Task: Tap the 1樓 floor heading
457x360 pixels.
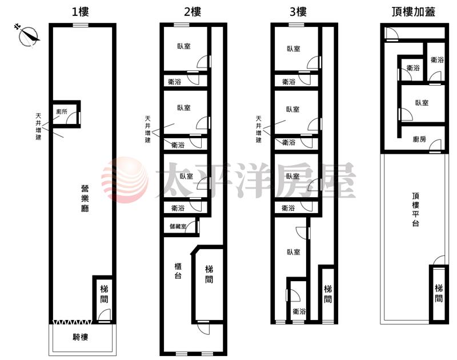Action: click(x=80, y=11)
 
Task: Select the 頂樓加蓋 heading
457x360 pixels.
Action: click(x=413, y=11)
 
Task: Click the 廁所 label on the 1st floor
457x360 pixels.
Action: click(x=62, y=111)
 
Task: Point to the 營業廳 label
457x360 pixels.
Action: click(x=85, y=198)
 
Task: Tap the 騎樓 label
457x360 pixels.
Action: click(x=80, y=337)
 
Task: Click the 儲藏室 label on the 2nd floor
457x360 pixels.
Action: click(x=178, y=226)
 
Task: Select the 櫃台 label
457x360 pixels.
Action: click(x=178, y=270)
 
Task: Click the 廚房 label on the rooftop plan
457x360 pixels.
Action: click(x=419, y=139)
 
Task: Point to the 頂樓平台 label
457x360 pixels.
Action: click(x=416, y=209)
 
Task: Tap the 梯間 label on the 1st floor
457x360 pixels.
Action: click(x=104, y=294)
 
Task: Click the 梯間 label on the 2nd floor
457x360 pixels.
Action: click(x=209, y=274)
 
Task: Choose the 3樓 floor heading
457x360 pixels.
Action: click(x=298, y=11)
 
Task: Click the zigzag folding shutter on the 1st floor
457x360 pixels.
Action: click(x=73, y=322)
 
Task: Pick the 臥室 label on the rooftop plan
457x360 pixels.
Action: click(x=422, y=103)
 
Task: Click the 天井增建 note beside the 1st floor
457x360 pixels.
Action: click(x=38, y=126)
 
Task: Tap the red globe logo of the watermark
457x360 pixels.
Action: click(x=125, y=180)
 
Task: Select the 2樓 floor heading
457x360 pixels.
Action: click(x=193, y=11)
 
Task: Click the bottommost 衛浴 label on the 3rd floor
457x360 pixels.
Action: click(x=299, y=311)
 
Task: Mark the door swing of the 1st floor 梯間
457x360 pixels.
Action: click(x=105, y=315)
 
